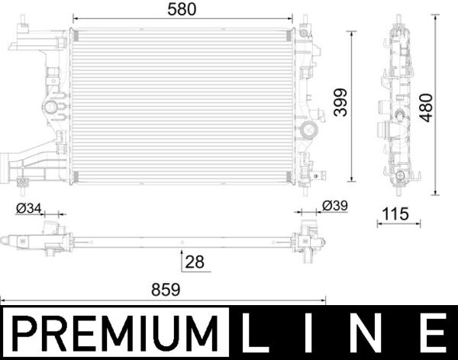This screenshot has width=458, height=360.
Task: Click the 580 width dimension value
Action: pyautogui.click(x=182, y=9)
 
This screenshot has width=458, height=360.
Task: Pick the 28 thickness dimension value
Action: pyautogui.click(x=195, y=262)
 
